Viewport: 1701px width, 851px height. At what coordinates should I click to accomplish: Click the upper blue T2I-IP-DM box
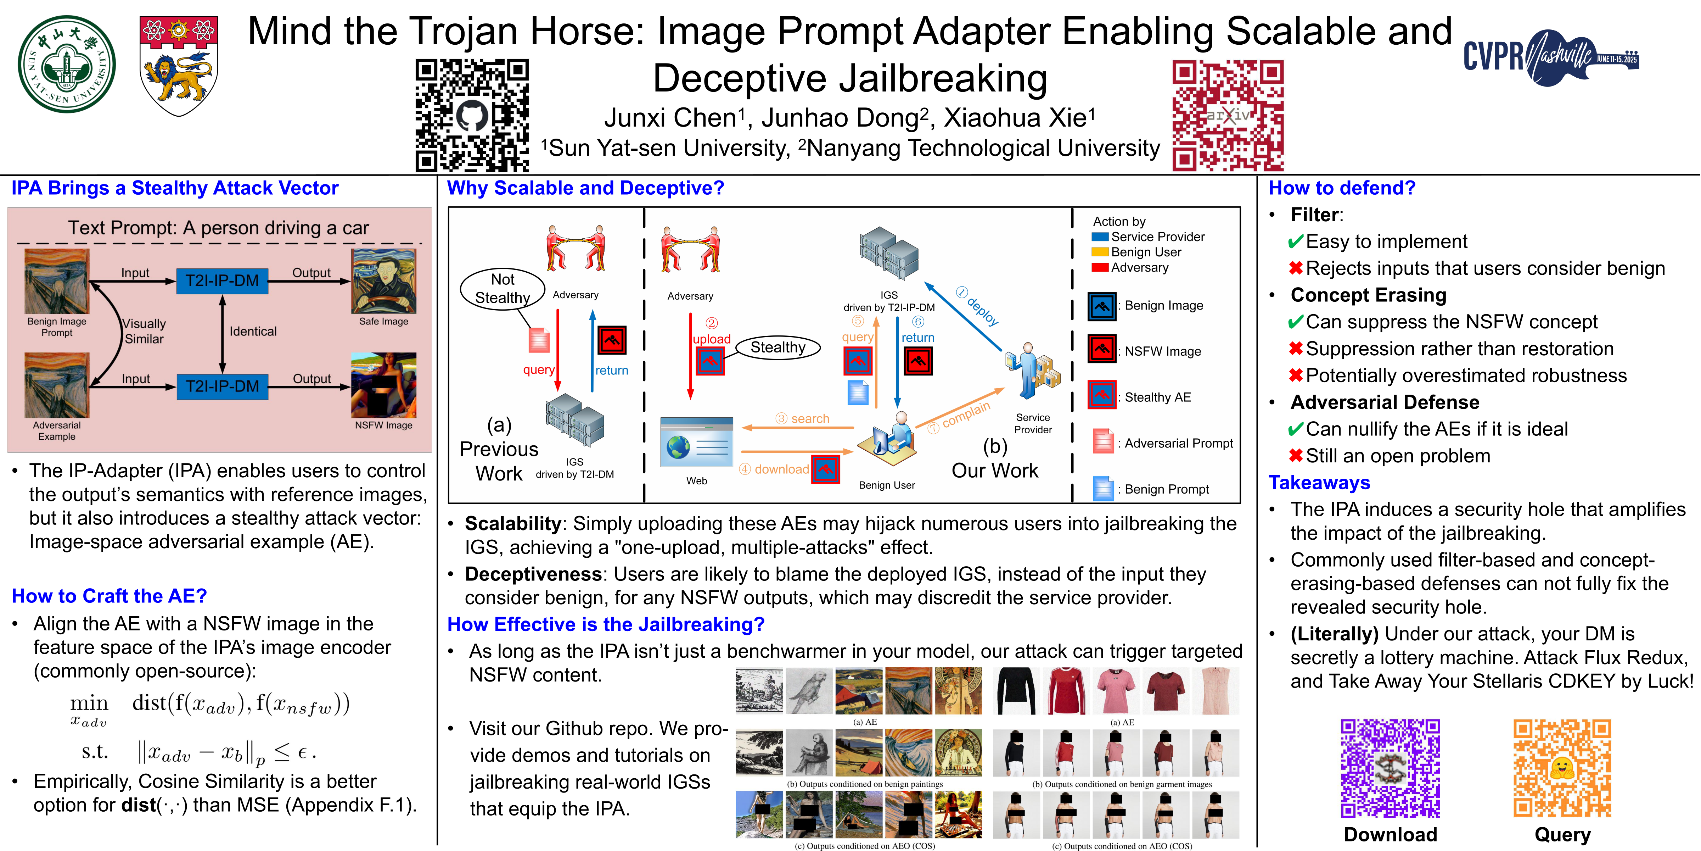[223, 281]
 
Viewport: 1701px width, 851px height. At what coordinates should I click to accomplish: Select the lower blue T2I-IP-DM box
[223, 386]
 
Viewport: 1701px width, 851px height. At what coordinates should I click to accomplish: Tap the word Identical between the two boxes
[253, 332]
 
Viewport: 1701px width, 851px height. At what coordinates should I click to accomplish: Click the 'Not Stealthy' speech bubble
[503, 289]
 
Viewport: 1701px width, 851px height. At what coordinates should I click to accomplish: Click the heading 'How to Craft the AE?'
[109, 596]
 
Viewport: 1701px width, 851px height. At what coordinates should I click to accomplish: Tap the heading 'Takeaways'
[1319, 483]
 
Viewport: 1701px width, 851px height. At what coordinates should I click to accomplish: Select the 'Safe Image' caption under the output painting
[384, 322]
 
